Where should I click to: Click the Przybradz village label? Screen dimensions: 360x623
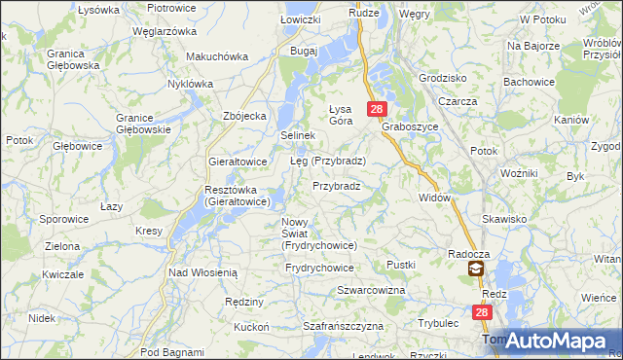point(337,186)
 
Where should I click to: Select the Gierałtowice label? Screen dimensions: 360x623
point(238,162)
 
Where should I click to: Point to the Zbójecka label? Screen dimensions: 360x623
point(244,116)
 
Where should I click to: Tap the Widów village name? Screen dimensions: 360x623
point(434,198)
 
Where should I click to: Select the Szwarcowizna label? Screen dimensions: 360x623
point(371,291)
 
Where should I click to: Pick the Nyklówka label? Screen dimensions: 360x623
point(190,84)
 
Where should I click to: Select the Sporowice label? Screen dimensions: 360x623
point(64,220)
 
